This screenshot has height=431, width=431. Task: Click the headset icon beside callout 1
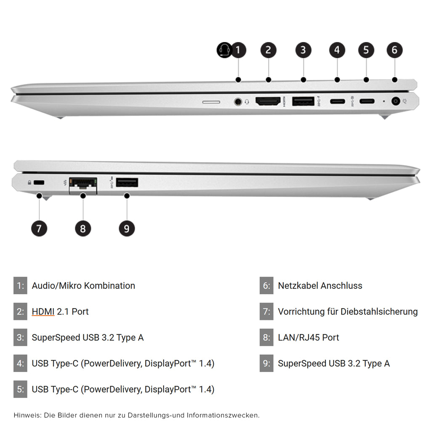(x=224, y=50)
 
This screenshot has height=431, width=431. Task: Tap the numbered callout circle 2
(x=268, y=50)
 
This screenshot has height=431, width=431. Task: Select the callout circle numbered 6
(x=395, y=50)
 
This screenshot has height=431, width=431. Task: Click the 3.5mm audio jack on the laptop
(x=238, y=102)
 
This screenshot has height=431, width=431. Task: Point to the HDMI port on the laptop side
(x=268, y=101)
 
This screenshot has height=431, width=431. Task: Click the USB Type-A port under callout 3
(x=303, y=101)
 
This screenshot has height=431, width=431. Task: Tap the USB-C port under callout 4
(x=338, y=101)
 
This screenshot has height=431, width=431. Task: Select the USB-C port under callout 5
(x=367, y=101)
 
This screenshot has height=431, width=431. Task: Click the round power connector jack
(x=396, y=101)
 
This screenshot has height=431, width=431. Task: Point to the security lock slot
(x=39, y=183)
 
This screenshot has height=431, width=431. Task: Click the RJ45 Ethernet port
(x=83, y=186)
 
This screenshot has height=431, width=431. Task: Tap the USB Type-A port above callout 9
(x=127, y=183)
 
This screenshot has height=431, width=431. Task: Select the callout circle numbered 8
(x=83, y=229)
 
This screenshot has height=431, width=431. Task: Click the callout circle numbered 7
(x=39, y=229)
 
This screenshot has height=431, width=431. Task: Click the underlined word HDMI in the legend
(x=43, y=312)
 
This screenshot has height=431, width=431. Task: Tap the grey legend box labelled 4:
(x=20, y=363)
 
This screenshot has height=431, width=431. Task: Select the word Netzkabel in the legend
(x=298, y=286)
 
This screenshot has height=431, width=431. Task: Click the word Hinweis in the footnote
(x=27, y=415)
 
